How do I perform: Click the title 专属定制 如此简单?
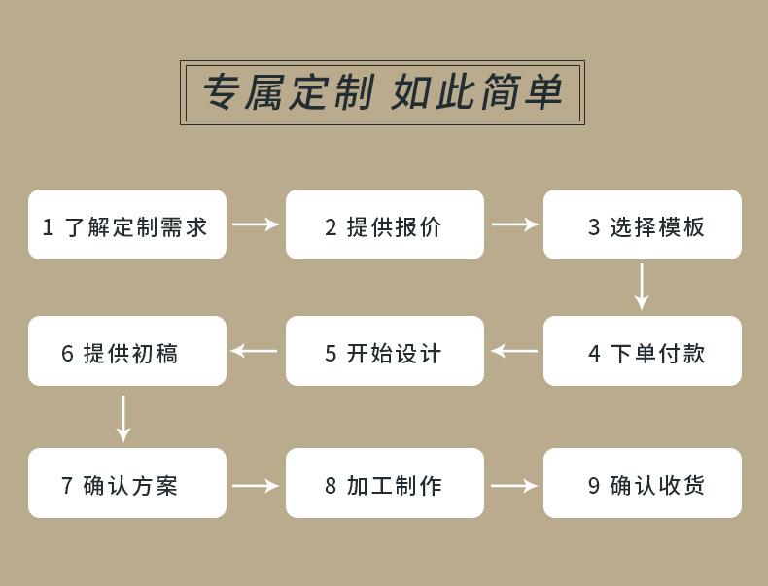coord(382,93)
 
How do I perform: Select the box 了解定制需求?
coord(127,224)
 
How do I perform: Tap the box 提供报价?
coord(385,224)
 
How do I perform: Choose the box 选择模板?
coord(643,224)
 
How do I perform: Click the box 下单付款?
coord(643,351)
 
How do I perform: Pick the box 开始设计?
coord(385,351)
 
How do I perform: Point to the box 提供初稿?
coord(127,351)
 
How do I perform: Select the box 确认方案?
coord(127,483)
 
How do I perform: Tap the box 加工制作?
coord(385,483)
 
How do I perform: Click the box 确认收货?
coord(643,483)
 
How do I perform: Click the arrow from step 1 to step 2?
coord(256,224)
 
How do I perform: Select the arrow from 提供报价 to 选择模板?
coord(514,224)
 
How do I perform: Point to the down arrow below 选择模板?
coord(641,287)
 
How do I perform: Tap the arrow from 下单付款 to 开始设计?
coord(514,351)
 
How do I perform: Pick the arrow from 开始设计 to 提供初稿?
coord(255,351)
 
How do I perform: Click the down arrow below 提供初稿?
coord(123,418)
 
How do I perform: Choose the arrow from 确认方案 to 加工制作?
coord(256,485)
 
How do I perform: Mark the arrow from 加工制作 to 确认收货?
coord(514,485)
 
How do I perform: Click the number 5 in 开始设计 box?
coord(331,353)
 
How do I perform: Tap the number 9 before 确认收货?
coord(594,485)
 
